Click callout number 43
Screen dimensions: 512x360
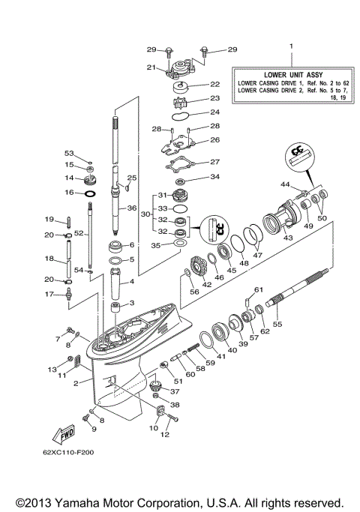tap(287, 238)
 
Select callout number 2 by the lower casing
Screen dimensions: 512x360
tap(76, 382)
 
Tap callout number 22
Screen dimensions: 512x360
tap(214, 85)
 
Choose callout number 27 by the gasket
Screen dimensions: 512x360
tap(214, 161)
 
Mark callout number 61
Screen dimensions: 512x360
tap(259, 289)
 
